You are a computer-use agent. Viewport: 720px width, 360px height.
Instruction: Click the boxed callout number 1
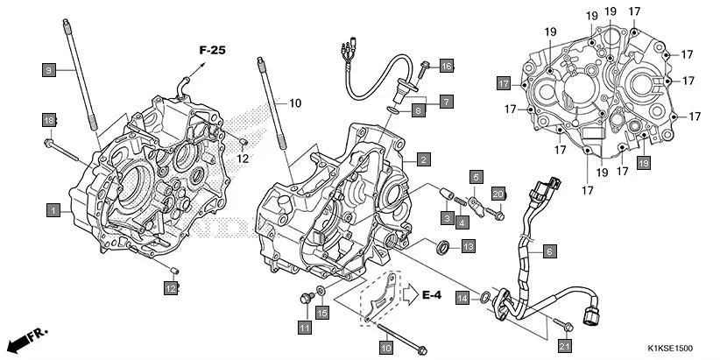coord(53,210)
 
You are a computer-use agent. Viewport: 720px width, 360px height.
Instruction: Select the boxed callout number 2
coord(422,159)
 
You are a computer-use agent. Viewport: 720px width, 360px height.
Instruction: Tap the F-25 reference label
coord(211,50)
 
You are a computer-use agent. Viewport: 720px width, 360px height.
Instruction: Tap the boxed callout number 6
coord(549,251)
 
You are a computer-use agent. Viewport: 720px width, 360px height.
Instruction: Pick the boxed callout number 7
coord(447,102)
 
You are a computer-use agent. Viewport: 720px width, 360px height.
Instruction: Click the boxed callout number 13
coord(469,247)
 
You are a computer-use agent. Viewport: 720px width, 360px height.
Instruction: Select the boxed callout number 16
coord(447,66)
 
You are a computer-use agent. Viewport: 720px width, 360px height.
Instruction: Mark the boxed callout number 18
coord(49,119)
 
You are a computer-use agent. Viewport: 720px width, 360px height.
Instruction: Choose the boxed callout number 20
coord(497,194)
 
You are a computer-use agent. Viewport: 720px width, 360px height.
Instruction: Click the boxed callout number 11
coord(304,328)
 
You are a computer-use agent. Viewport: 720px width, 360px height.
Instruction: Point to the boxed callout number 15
coord(321,313)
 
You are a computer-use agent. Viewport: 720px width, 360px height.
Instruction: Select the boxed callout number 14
coord(462,299)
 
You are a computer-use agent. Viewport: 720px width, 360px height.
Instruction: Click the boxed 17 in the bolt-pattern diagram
coord(504,83)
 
